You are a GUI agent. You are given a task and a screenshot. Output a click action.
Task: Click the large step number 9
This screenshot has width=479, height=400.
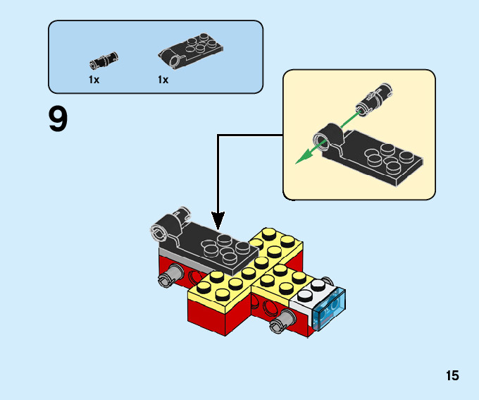pyautogui.click(x=58, y=119)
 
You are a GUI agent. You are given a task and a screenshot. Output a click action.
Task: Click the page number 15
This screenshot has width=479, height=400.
pyautogui.click(x=452, y=376)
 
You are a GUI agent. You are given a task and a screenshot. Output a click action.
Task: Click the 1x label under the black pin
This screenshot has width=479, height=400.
pyautogui.click(x=94, y=80)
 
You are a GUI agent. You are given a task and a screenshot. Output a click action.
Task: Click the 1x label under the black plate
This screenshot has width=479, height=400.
pyautogui.click(x=163, y=80)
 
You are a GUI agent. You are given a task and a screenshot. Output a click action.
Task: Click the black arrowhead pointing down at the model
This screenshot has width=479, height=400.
pyautogui.click(x=218, y=222)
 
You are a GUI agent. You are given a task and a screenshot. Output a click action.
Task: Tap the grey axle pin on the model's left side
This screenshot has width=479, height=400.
pyautogui.click(x=168, y=277)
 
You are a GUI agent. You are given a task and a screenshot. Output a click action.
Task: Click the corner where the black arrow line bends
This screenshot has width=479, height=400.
pyautogui.click(x=218, y=135)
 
